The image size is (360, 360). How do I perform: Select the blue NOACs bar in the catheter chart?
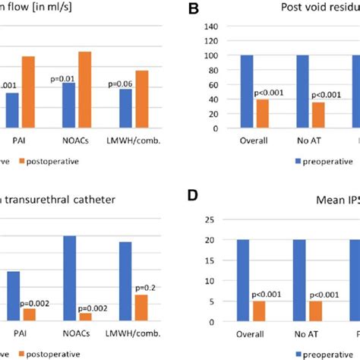coord(69,278)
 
